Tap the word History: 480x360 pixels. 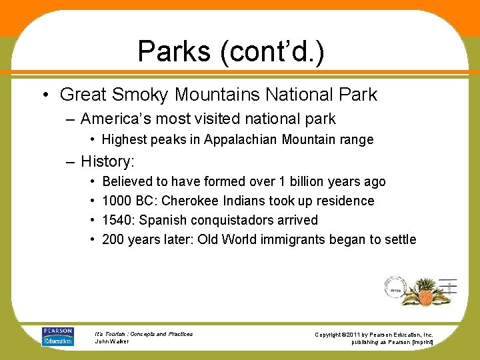pos(107,161)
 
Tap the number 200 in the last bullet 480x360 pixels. pos(113,239)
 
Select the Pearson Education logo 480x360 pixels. pos(58,336)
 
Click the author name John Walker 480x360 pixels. pos(111,341)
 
